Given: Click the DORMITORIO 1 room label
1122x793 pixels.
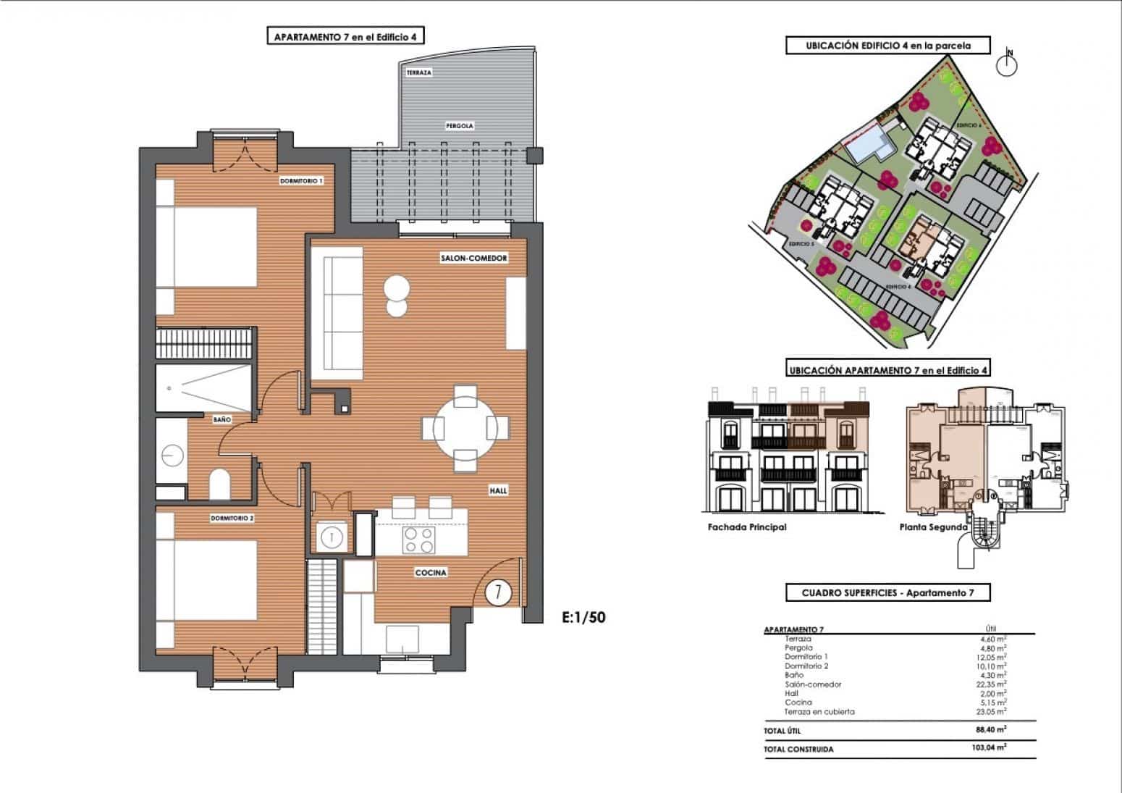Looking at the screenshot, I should (301, 181).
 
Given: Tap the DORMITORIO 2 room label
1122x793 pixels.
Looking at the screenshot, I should (232, 519).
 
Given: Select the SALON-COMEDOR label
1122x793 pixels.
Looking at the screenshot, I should (473, 259).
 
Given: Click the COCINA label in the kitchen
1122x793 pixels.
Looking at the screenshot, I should (431, 573).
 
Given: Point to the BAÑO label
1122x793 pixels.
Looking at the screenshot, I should (222, 420).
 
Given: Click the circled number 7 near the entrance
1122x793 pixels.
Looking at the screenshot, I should (497, 592).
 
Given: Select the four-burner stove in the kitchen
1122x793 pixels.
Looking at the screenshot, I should (419, 540).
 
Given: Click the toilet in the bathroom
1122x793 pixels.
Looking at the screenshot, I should (219, 484).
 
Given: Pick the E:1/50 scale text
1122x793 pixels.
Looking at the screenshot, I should (583, 618).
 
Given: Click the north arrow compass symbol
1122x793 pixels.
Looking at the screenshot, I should (1007, 65).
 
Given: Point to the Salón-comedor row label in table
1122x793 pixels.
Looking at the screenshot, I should (813, 684).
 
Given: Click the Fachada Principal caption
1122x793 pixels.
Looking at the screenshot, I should (746, 527).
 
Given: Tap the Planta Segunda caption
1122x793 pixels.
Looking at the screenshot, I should (933, 527).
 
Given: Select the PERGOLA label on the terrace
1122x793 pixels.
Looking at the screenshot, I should (459, 126).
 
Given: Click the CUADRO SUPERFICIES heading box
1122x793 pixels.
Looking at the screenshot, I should (887, 593).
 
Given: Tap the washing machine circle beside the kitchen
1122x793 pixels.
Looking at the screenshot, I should (331, 537).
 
